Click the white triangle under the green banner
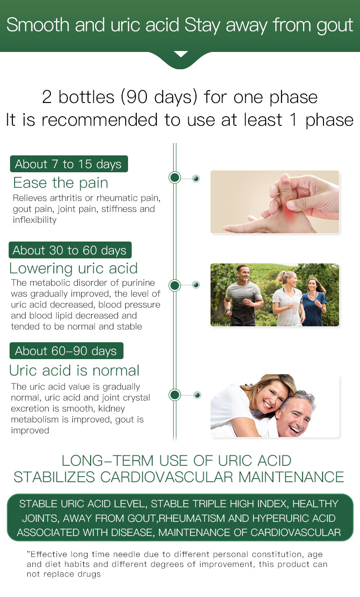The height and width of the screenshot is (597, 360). point(180,54)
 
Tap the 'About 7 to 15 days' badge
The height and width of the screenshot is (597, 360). point(69,164)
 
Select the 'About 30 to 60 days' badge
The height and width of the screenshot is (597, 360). point(70,250)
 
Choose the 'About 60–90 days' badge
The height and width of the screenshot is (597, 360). point(67,351)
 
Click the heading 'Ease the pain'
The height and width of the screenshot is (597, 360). point(61,183)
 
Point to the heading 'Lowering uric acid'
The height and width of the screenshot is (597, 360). point(73,268)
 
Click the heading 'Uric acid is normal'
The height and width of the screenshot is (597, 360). point(74,371)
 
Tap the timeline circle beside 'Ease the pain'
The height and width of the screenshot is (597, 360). point(175,178)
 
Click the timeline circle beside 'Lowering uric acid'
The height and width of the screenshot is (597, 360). point(175,285)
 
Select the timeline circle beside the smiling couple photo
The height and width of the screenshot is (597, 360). point(175,395)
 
